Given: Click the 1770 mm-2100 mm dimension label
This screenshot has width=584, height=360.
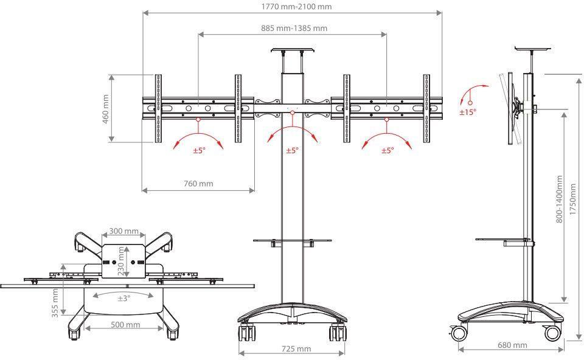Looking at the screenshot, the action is [296, 6].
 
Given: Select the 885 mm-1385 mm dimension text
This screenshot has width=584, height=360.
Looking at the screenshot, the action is [294, 28].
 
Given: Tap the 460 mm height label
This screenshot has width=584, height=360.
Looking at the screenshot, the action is [106, 109].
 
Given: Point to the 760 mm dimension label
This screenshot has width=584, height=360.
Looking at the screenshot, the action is [198, 183].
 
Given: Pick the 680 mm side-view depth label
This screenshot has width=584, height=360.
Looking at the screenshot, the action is [512, 345].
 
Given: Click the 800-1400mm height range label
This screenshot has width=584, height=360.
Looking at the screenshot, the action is [560, 199].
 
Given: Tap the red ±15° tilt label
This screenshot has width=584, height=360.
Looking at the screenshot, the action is [468, 112].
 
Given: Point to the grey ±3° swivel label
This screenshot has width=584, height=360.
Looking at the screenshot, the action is [124, 298].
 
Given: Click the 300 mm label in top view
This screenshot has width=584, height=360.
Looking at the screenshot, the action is [124, 231].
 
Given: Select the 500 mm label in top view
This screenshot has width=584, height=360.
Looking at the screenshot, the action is [125, 325].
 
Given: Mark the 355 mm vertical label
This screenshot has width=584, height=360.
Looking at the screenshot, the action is [55, 303].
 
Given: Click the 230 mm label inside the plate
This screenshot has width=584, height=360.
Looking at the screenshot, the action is [121, 261].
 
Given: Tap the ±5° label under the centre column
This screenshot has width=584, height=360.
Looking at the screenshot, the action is [293, 150].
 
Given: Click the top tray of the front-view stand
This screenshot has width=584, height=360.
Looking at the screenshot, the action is [293, 50].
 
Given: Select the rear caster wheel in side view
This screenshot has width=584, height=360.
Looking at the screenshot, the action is [551, 333].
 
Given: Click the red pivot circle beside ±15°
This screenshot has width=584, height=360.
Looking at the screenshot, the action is [470, 103].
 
